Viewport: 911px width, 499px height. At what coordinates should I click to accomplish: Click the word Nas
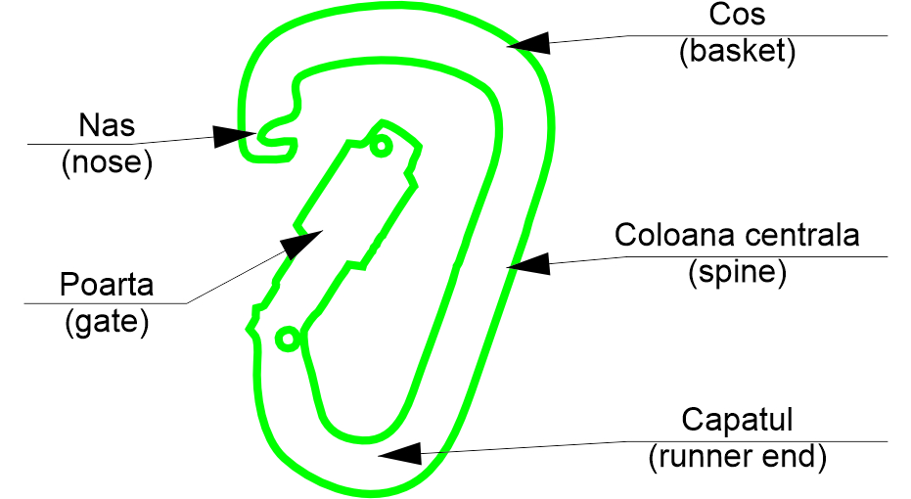click(x=107, y=125)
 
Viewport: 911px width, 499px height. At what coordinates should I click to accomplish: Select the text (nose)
click(x=107, y=162)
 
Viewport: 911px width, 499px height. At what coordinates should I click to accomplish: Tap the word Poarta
click(x=107, y=285)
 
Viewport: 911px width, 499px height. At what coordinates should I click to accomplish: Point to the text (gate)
click(x=107, y=323)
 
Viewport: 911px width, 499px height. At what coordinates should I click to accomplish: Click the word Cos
click(x=737, y=14)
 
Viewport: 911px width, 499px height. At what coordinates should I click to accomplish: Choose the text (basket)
click(x=737, y=51)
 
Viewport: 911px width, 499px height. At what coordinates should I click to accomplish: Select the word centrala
click(x=802, y=235)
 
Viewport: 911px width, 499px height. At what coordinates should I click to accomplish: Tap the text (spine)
click(x=737, y=272)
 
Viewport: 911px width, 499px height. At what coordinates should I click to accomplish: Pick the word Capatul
click(x=737, y=420)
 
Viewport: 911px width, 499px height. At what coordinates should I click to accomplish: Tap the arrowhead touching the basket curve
click(x=528, y=44)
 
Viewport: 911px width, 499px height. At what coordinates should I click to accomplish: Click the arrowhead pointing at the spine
click(x=528, y=264)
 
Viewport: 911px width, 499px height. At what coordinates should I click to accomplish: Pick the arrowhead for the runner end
click(x=399, y=454)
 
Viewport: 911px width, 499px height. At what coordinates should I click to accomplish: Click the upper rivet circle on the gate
click(x=382, y=145)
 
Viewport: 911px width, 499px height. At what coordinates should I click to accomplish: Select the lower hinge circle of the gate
click(x=288, y=339)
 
